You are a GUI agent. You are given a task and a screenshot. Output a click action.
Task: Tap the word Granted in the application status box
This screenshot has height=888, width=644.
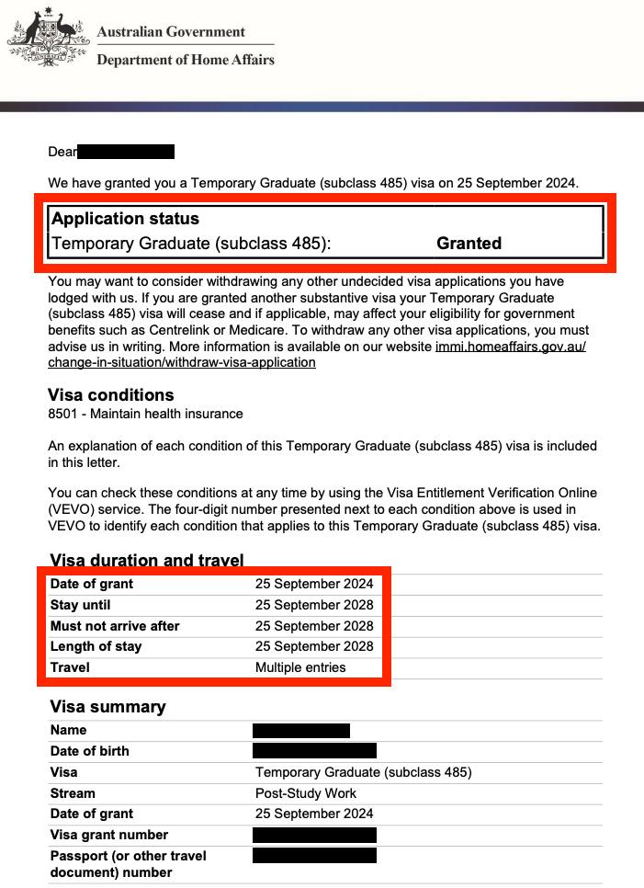(469, 244)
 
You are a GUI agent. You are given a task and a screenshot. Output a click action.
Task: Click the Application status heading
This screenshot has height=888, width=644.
(125, 219)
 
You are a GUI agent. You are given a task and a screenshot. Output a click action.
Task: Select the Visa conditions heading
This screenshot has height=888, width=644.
(110, 395)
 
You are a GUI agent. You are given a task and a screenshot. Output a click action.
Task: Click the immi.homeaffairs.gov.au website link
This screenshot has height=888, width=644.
(509, 347)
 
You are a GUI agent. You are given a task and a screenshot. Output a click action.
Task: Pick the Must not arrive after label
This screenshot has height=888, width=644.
(115, 626)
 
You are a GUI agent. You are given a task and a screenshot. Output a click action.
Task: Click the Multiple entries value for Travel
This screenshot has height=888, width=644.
(300, 667)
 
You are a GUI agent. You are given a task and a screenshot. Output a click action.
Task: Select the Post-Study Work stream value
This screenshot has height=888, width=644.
(306, 793)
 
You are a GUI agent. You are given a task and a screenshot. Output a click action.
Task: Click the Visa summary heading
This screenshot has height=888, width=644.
(107, 707)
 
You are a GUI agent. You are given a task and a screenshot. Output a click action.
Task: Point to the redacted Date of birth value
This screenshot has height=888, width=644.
(314, 751)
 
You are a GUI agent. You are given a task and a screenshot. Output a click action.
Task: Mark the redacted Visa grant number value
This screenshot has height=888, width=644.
(314, 835)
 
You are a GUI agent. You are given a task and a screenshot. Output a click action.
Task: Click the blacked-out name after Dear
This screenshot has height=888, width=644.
(126, 152)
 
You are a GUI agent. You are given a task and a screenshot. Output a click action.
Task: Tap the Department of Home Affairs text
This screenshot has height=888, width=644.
(186, 60)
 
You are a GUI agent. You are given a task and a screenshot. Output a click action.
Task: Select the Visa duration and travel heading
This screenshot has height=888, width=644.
(146, 560)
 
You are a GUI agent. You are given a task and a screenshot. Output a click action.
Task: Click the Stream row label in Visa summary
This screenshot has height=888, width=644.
(73, 793)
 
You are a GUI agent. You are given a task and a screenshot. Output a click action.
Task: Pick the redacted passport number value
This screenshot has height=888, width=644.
(314, 856)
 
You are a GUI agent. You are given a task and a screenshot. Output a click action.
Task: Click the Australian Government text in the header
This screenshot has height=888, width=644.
(171, 31)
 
